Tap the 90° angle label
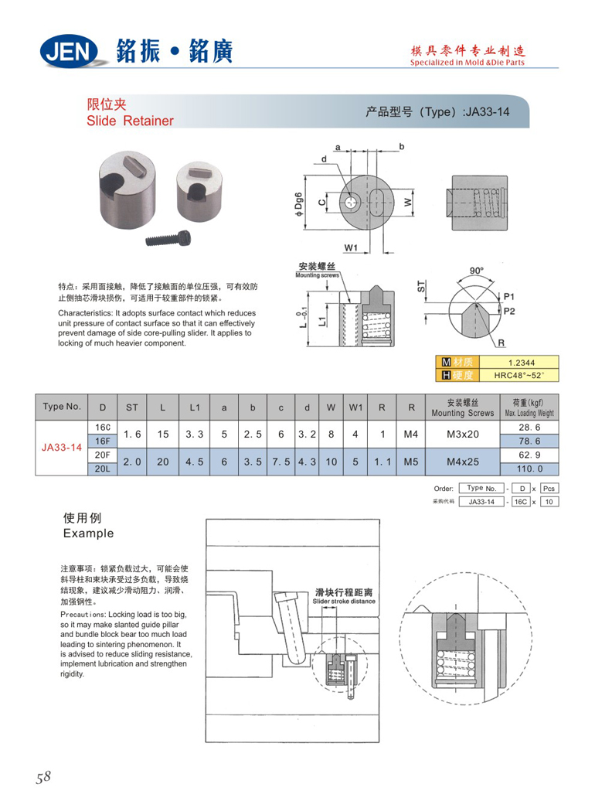point(477,271)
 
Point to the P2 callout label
point(508,312)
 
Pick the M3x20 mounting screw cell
point(462,434)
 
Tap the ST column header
point(132,407)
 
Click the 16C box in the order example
point(522,502)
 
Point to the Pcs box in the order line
point(549,489)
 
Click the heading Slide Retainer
point(130,121)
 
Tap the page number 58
point(42,777)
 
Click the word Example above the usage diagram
point(87,534)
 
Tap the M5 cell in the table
point(410,461)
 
